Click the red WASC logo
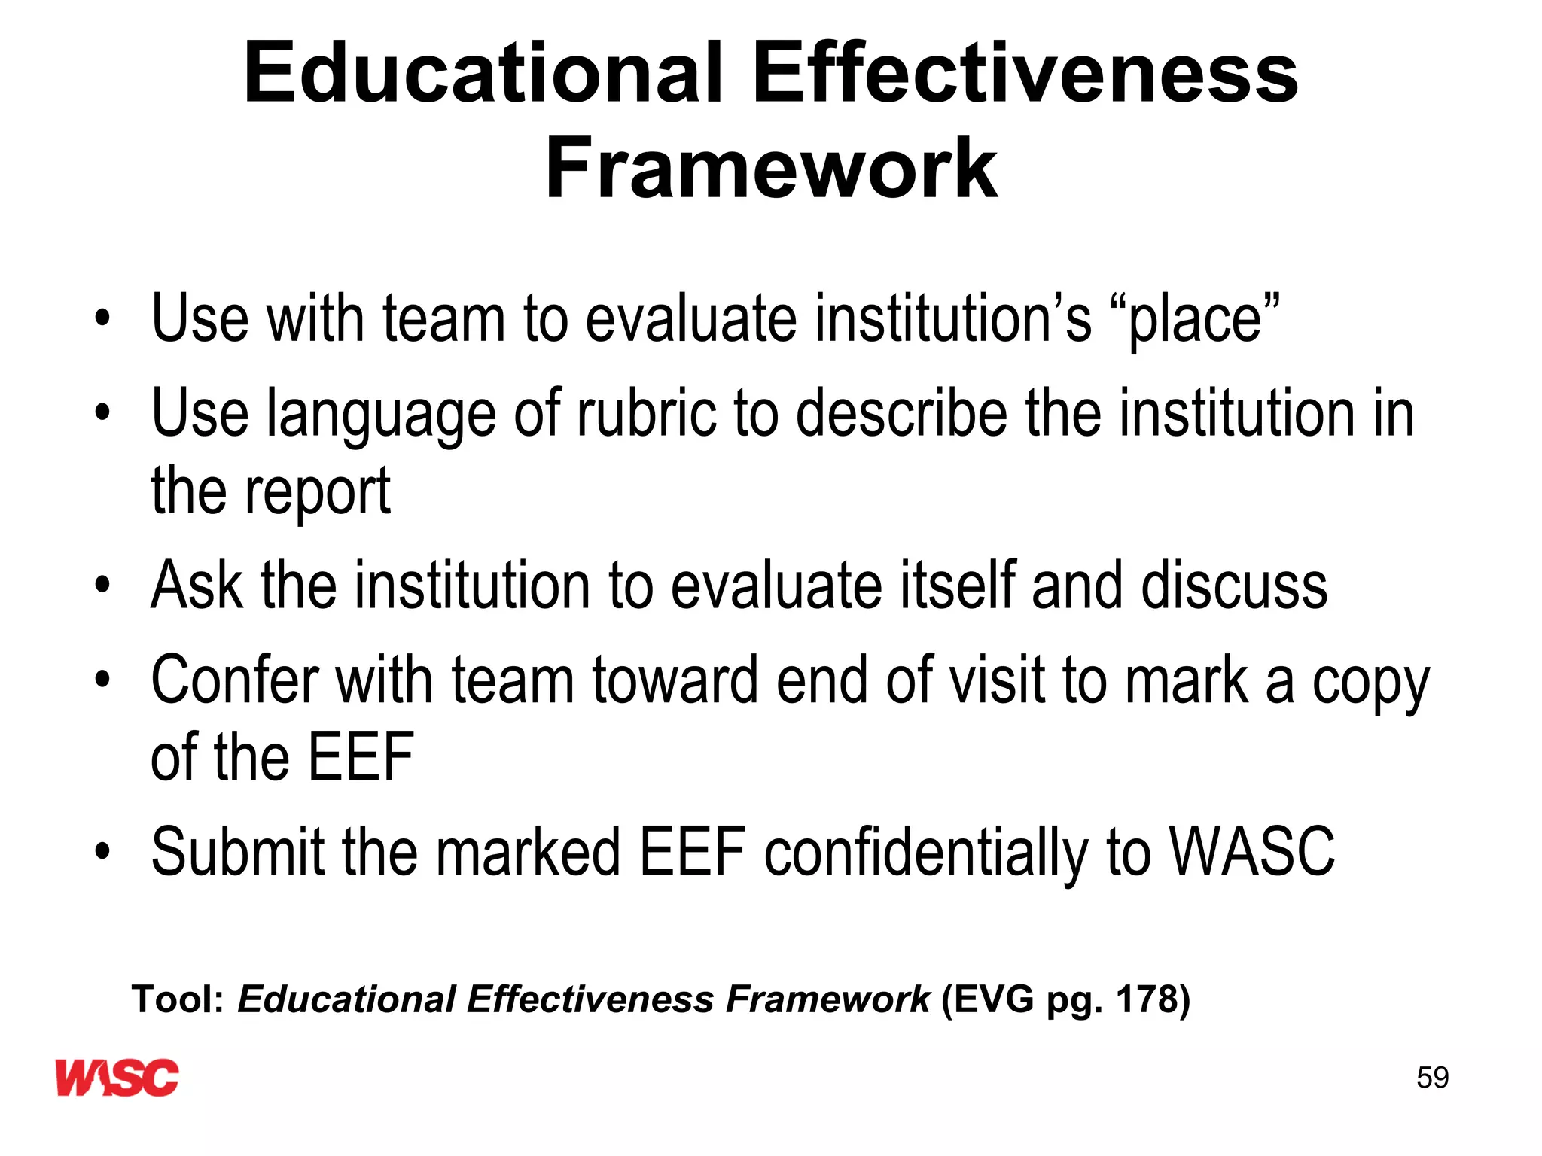coord(117,1077)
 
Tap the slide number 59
coord(1432,1078)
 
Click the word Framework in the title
coord(771,169)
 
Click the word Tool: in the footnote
coord(178,999)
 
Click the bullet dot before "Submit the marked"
coord(102,852)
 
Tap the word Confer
coord(235,680)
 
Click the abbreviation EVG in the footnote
coord(988,999)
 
